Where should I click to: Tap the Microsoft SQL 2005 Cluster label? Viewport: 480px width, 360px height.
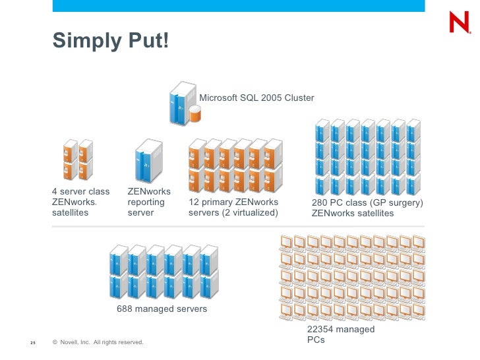[256, 98]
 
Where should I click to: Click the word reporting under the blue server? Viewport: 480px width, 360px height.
[146, 202]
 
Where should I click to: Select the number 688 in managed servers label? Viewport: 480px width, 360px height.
[125, 309]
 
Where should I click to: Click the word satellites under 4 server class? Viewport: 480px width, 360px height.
[70, 213]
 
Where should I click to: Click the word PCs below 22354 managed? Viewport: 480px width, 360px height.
[316, 341]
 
